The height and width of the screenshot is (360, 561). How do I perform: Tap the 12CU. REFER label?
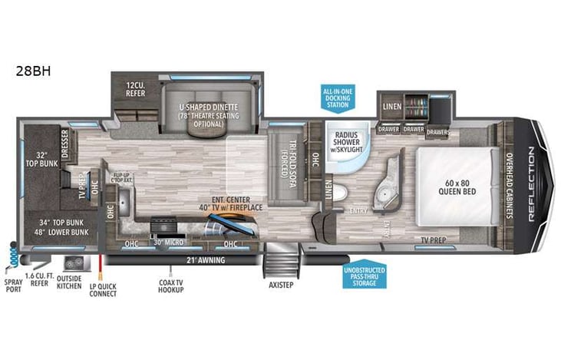pos(136,89)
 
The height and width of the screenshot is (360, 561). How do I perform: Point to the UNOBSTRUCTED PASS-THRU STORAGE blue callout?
pos(365,276)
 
